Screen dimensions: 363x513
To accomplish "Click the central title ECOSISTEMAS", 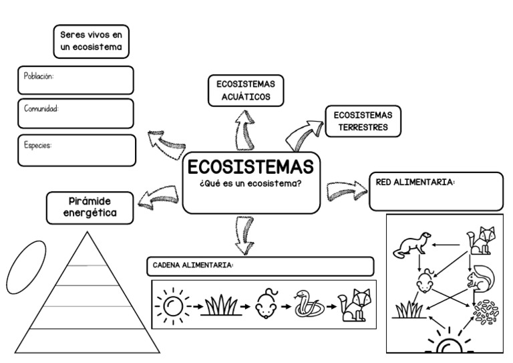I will [250, 166].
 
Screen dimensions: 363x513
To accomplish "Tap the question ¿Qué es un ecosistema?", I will [250, 184].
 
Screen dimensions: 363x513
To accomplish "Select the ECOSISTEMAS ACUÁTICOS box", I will [245, 90].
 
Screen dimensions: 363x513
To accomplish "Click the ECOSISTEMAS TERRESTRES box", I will [363, 121].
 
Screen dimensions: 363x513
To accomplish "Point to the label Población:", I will [39, 76].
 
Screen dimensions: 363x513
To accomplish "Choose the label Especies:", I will [38, 144].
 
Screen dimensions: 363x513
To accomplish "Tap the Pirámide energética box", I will [90, 207].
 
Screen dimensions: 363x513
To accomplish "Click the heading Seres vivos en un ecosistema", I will [91, 41].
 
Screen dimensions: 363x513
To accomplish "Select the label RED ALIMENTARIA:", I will [415, 181].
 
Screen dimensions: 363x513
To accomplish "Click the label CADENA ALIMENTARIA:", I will [190, 265].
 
